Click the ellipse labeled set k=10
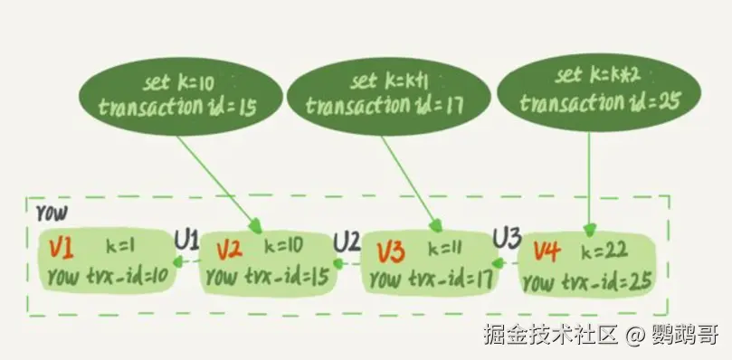pyautogui.click(x=178, y=95)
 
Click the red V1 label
pyautogui.click(x=62, y=246)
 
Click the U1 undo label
pyautogui.click(x=186, y=240)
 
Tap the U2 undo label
pyautogui.click(x=347, y=242)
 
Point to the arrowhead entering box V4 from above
pyautogui.click(x=590, y=230)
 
